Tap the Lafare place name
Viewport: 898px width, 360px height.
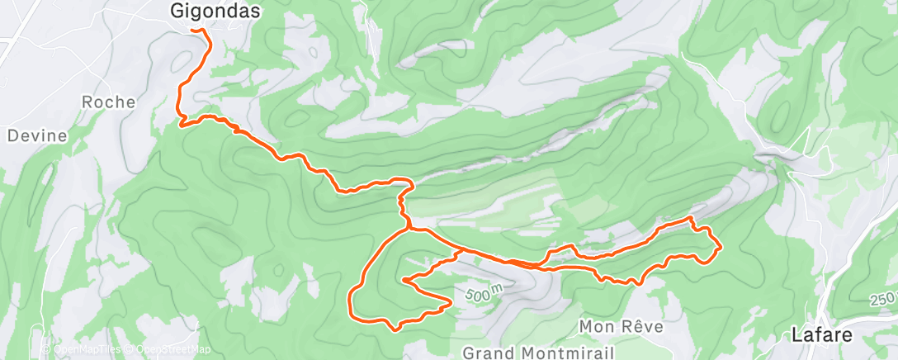[820, 335]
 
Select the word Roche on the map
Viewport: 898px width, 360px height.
[108, 102]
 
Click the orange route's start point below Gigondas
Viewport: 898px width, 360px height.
[193, 31]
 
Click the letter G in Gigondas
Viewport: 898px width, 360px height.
[176, 11]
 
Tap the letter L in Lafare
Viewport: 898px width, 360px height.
[796, 335]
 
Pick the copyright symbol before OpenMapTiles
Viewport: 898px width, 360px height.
[47, 349]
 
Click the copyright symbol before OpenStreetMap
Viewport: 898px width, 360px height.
[130, 349]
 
